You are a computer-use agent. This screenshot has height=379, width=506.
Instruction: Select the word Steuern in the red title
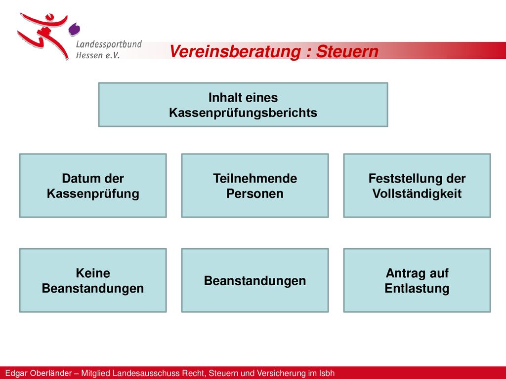[x=347, y=51]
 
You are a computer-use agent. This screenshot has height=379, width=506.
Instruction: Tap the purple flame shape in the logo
[x=74, y=29]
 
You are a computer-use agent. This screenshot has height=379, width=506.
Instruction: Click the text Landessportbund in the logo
[x=109, y=44]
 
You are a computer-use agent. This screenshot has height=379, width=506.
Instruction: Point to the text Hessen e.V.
[x=98, y=55]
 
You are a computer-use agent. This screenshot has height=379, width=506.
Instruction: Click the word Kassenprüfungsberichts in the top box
[x=243, y=113]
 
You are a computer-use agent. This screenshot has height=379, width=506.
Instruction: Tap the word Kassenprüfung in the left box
[x=93, y=193]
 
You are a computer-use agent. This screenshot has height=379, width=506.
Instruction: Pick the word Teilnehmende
[x=255, y=178]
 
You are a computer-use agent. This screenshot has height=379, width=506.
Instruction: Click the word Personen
[x=255, y=193]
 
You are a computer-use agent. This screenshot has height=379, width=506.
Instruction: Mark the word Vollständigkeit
[x=417, y=193]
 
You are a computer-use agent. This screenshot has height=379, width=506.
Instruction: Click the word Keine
[x=93, y=273]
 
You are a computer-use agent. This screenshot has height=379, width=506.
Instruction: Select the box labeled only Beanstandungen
[x=255, y=280]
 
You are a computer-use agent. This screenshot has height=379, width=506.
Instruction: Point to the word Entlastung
[x=417, y=288]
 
